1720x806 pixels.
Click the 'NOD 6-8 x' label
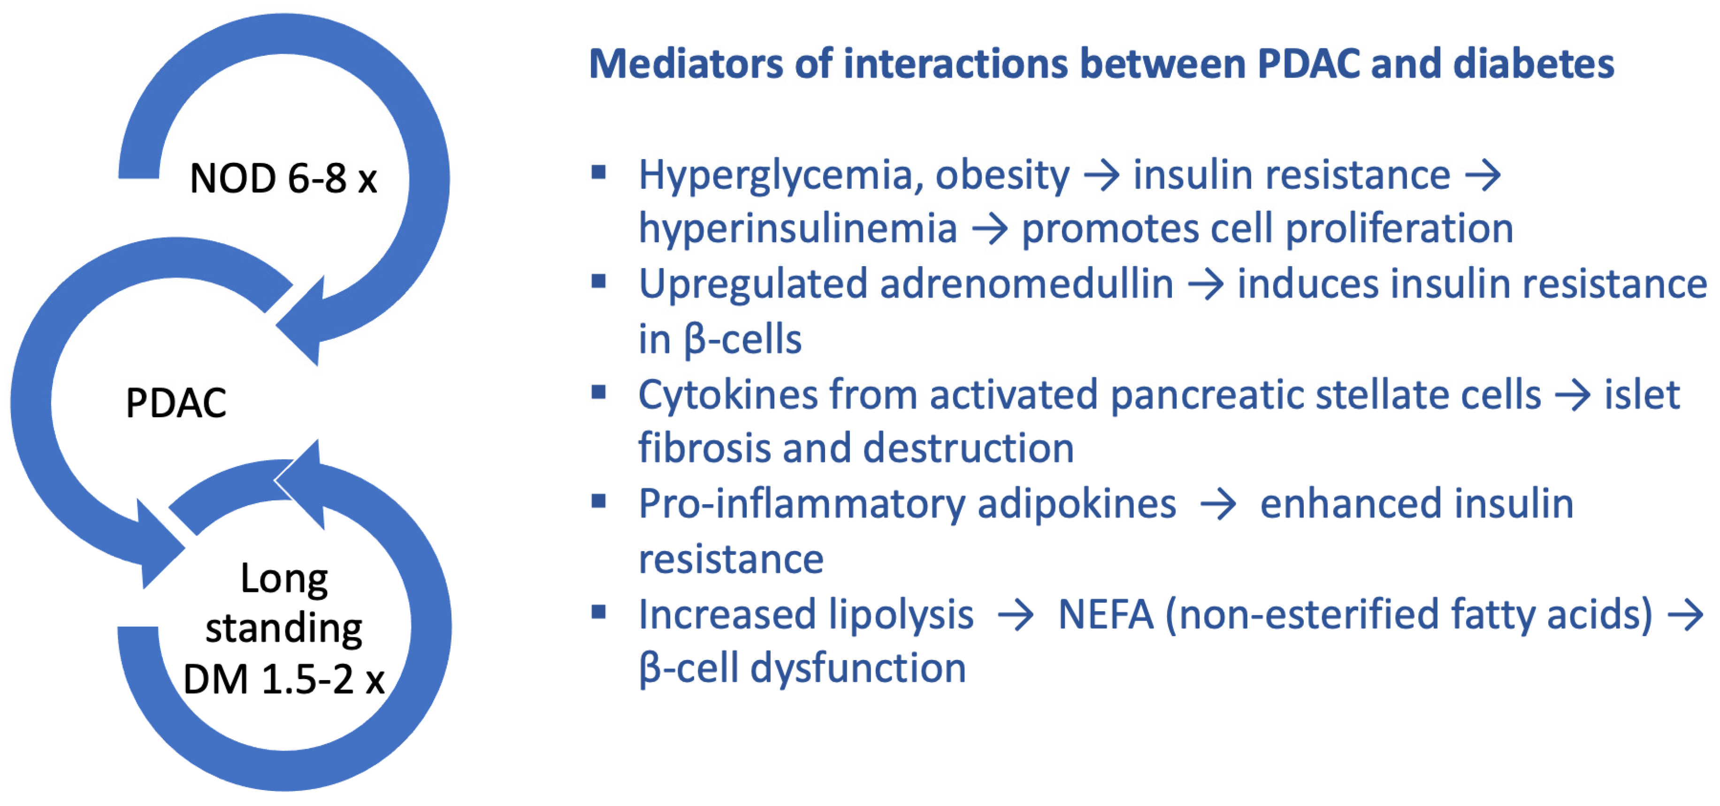click(x=283, y=178)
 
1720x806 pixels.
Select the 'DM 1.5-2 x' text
click(x=284, y=679)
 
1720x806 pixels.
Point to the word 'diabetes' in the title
click(x=1533, y=64)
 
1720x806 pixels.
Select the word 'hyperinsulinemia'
click(x=798, y=229)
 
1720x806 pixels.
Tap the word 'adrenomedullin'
click(x=1026, y=284)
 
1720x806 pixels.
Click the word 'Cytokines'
click(x=728, y=395)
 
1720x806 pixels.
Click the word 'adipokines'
click(x=1076, y=504)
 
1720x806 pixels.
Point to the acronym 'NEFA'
click(x=1106, y=614)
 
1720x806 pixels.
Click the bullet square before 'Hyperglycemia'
click(x=598, y=173)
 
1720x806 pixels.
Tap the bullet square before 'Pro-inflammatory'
click(x=598, y=501)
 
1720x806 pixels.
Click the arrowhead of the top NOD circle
click(x=299, y=321)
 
